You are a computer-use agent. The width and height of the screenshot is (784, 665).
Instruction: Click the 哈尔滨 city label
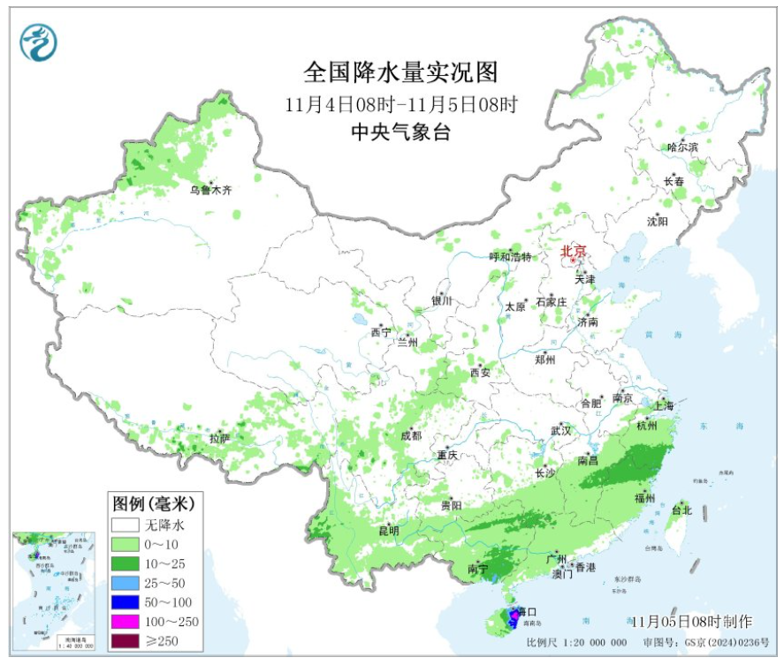pos(682,147)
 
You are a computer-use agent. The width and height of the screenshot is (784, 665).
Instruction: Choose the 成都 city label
pos(411,435)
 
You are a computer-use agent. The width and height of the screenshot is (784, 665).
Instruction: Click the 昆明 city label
pos(389,531)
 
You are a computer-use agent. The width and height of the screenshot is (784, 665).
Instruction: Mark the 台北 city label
pos(681,510)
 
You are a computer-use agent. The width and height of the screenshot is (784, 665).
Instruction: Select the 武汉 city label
pos(561,430)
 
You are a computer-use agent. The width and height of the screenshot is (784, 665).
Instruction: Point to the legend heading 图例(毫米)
pos(153,503)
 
